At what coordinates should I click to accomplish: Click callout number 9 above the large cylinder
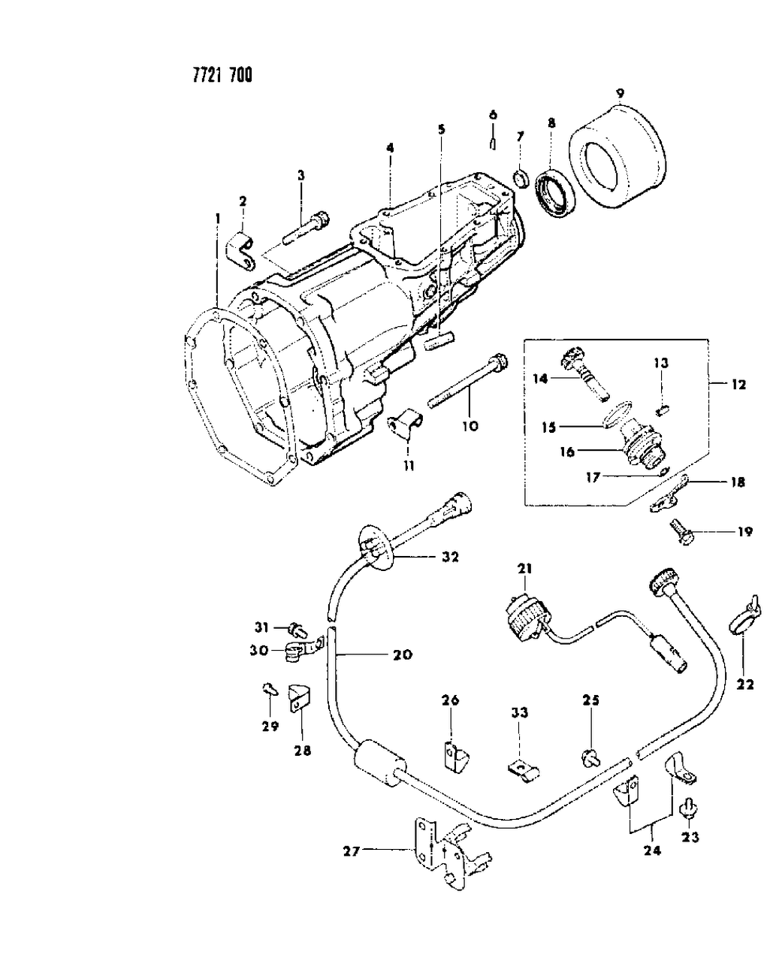pyautogui.click(x=620, y=94)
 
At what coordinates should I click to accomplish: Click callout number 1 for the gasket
pyautogui.click(x=217, y=218)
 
